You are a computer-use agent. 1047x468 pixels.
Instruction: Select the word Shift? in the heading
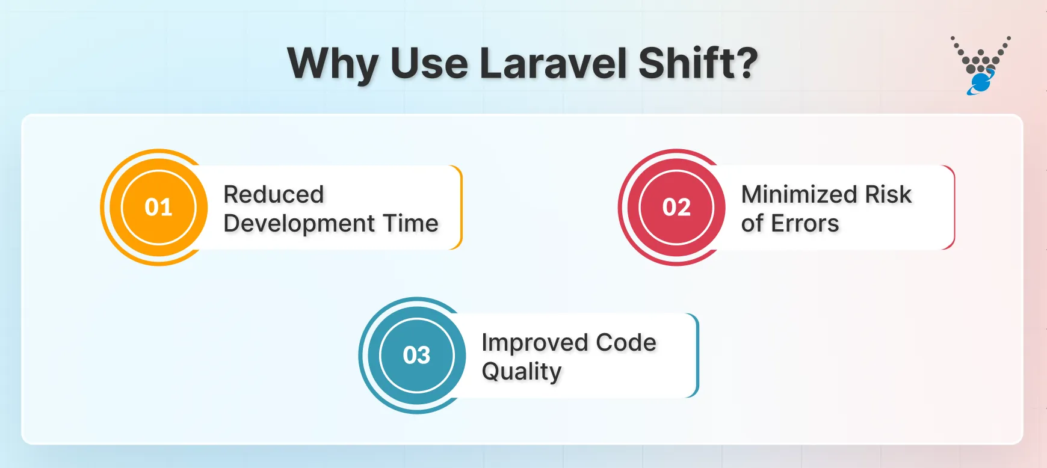click(697, 64)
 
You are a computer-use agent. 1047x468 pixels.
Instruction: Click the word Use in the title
click(429, 64)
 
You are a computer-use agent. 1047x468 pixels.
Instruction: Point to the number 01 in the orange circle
click(159, 208)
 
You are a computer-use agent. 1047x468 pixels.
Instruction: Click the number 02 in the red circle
click(676, 208)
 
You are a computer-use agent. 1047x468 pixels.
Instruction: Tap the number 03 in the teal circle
click(416, 356)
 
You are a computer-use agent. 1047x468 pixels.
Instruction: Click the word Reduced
click(274, 194)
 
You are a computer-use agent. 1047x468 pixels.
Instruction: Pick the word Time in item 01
click(412, 223)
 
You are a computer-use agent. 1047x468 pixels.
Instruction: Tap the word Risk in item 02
click(888, 194)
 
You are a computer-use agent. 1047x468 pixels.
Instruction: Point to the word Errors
click(805, 224)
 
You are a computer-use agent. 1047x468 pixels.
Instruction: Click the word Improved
click(534, 343)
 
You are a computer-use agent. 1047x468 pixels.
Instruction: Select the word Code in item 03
click(626, 342)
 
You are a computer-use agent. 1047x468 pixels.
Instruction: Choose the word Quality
click(521, 372)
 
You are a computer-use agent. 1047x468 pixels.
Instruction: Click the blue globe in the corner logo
click(981, 82)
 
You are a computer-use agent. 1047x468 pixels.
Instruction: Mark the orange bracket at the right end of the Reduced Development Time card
click(460, 208)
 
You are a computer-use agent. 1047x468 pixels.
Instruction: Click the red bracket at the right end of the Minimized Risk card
click(953, 208)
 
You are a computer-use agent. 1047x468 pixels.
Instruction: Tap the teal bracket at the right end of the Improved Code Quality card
click(697, 356)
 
